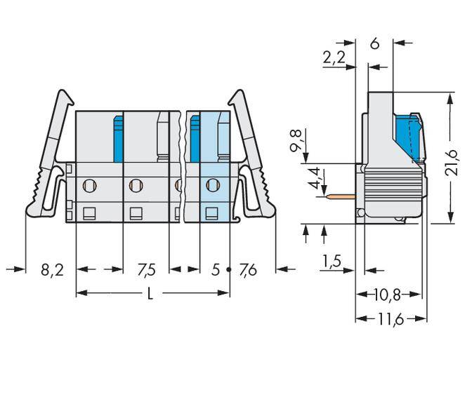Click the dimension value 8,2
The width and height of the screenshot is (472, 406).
pos(51,269)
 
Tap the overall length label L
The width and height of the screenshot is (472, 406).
pos(150,295)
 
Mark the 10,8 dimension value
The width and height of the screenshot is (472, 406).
pos(389,293)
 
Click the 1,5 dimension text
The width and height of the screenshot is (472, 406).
pos(332,262)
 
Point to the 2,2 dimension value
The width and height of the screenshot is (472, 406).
pos(334,59)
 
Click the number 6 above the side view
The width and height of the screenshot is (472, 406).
pos(374,43)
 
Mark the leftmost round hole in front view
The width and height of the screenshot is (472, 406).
pos(89,186)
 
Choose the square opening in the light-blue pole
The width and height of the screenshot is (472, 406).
pos(211,213)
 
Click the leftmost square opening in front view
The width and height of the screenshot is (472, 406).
pos(89,213)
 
